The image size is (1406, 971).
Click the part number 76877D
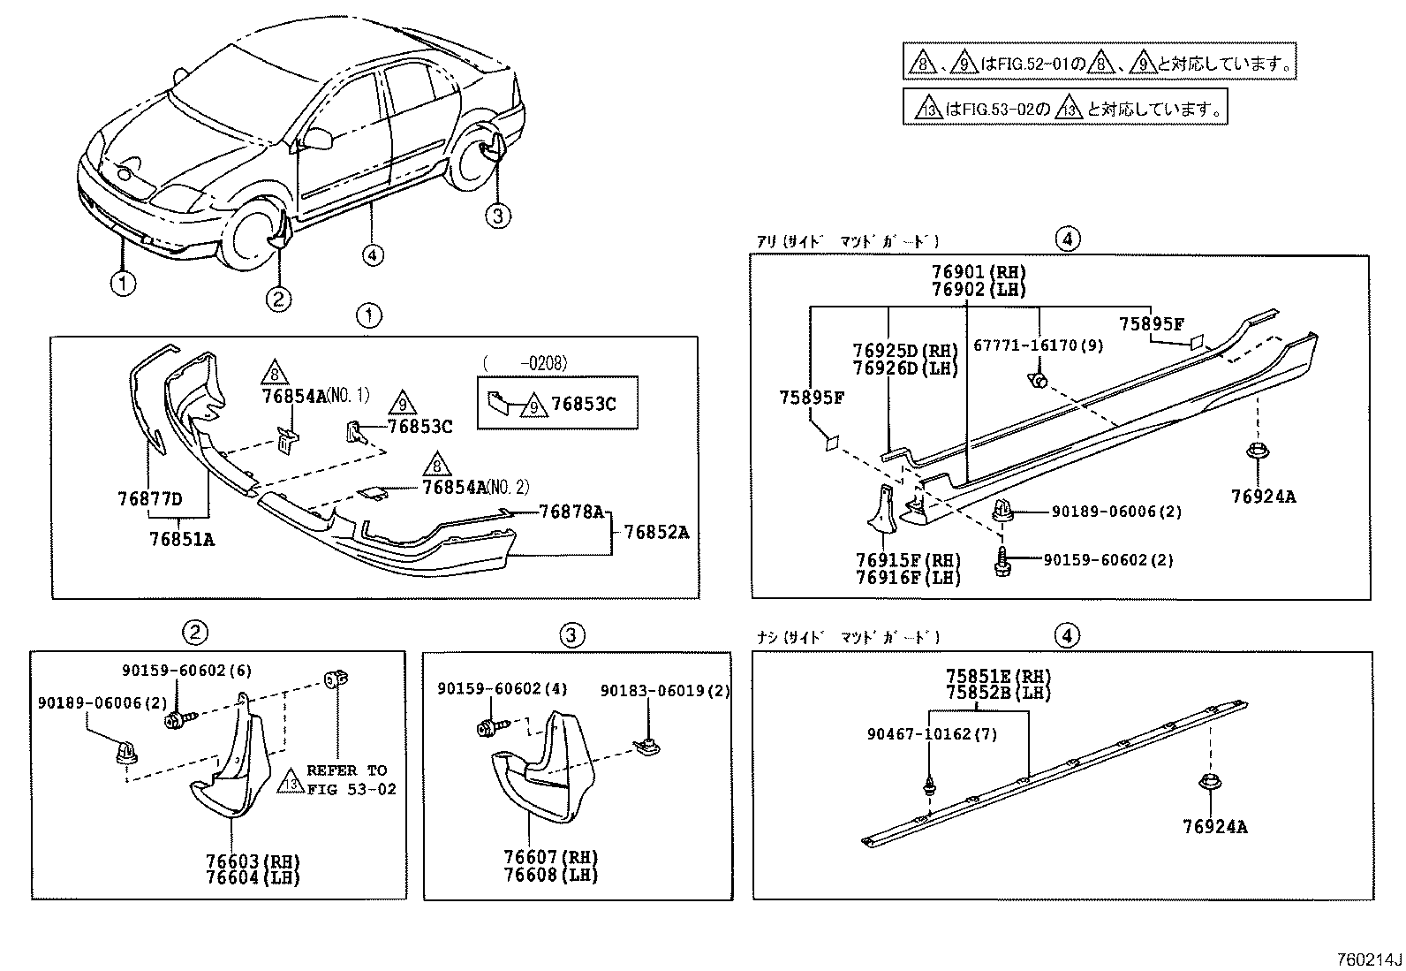(x=149, y=499)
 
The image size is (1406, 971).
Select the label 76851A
(x=182, y=538)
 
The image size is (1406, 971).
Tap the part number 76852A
(x=656, y=532)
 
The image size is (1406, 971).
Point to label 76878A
(x=571, y=512)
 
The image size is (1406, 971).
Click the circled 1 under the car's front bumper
(x=123, y=284)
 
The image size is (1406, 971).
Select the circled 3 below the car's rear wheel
(x=498, y=215)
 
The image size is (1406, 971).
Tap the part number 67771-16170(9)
(x=1038, y=345)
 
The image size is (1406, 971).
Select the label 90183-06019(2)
(x=665, y=690)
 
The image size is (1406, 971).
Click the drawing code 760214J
(x=1368, y=959)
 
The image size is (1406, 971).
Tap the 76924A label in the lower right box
(x=1214, y=827)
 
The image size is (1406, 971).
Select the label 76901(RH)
(x=979, y=272)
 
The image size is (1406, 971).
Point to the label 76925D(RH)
(x=905, y=351)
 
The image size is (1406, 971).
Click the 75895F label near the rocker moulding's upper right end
(x=1151, y=324)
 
